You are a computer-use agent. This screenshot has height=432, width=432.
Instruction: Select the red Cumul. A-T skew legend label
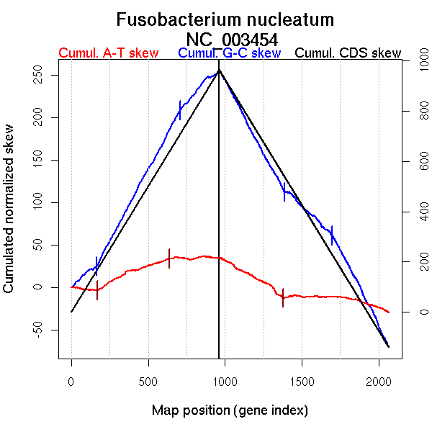[x=109, y=53]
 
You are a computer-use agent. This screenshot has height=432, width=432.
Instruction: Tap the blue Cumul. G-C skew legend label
[x=229, y=53]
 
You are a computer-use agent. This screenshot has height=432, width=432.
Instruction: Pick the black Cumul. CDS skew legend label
[x=348, y=53]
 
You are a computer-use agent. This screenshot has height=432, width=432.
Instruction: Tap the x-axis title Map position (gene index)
[x=230, y=410]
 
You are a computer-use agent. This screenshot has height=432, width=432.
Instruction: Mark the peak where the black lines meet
[x=219, y=70]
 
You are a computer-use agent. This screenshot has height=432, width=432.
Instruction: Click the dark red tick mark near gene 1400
[x=283, y=297]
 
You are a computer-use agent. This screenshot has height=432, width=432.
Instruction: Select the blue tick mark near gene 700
[x=179, y=110]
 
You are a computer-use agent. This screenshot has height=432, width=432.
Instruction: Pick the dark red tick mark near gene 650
[x=169, y=258]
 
